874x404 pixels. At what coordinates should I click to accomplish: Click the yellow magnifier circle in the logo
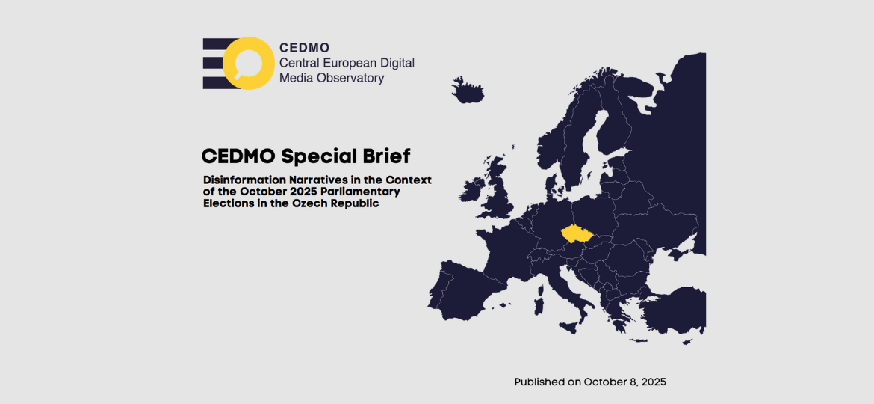[247, 63]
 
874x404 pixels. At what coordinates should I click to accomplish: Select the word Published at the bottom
[540, 382]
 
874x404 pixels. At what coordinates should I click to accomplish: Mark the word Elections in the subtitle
[228, 203]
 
